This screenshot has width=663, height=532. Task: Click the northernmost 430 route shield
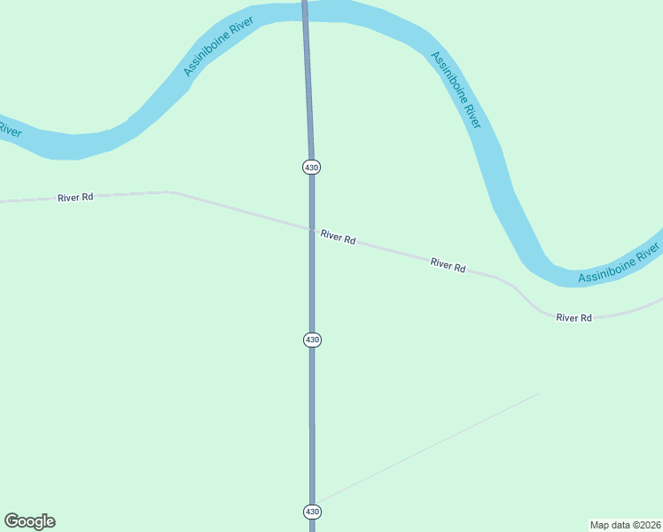[x=311, y=167]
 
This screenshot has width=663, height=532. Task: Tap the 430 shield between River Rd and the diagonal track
[x=312, y=340]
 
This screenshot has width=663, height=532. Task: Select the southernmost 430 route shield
[x=312, y=512]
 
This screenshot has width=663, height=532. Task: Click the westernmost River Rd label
[x=75, y=198]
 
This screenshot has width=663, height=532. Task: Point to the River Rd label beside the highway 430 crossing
[x=338, y=238]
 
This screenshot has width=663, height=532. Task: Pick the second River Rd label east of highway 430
[x=448, y=264]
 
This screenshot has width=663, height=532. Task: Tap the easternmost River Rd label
[x=573, y=317]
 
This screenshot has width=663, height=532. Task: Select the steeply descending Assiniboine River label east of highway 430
[x=456, y=90]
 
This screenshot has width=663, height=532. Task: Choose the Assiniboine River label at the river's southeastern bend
[x=619, y=267]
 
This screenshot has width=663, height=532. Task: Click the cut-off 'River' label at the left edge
[x=9, y=129]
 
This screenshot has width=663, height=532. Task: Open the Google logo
[x=29, y=521]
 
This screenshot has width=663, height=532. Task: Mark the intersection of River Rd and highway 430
[x=312, y=231]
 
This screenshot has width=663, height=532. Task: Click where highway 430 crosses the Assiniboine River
[x=305, y=10]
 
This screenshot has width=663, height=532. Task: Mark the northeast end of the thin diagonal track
[x=538, y=394]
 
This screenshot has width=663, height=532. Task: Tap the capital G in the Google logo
[x=12, y=521]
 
